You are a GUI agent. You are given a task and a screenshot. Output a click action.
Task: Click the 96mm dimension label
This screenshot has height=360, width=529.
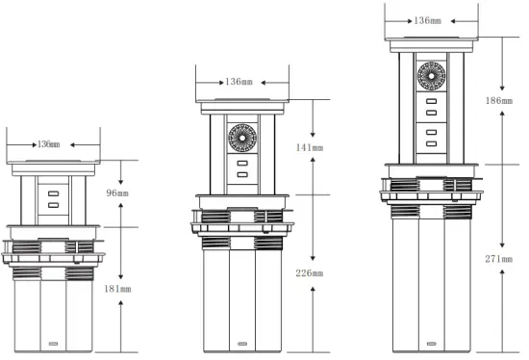(117, 193)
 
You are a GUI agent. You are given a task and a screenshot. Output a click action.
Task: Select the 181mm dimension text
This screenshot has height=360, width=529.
(117, 288)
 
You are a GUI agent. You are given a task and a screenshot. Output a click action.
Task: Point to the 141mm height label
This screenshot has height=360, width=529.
(311, 149)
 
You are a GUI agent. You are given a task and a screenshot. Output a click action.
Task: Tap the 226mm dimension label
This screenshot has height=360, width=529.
(311, 273)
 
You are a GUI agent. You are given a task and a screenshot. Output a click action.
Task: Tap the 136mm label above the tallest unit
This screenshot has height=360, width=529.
(428, 19)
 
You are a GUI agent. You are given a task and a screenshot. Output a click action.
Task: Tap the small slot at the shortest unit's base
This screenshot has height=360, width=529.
(51, 345)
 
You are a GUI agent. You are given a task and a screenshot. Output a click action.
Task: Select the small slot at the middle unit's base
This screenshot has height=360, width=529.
(239, 345)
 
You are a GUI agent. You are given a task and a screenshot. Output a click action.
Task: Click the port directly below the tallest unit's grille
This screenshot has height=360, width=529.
(430, 101)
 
